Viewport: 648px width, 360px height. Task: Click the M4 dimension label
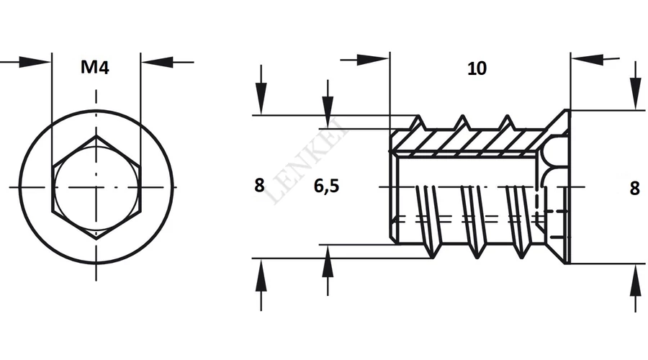pos(94,68)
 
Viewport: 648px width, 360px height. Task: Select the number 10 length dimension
pos(477,68)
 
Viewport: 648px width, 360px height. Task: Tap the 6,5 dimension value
pos(326,186)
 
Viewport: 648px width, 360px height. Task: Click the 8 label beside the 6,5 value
pos(259,186)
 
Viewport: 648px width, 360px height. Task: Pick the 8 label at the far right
pos(635,188)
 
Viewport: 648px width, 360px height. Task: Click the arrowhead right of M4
pos(157,63)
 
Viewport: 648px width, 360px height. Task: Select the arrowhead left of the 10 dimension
pos(373,60)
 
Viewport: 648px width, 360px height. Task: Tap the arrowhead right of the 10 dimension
pos(588,60)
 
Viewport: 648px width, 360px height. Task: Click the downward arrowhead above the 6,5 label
pos(328,112)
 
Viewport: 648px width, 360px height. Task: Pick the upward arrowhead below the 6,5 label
pos(328,261)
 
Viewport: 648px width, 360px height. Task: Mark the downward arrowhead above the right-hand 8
pos(636,94)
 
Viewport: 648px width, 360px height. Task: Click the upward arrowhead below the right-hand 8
pos(636,281)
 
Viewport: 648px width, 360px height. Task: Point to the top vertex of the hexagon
pos(96,136)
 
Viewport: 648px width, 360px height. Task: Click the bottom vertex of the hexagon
pos(96,239)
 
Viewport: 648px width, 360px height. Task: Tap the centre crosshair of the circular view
pos(96,187)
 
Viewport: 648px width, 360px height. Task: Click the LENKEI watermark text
pos(308,161)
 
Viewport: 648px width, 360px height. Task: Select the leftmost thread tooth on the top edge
pos(418,122)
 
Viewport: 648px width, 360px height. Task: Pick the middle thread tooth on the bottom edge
pos(477,251)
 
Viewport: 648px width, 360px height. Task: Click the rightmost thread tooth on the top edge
pos(507,122)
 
